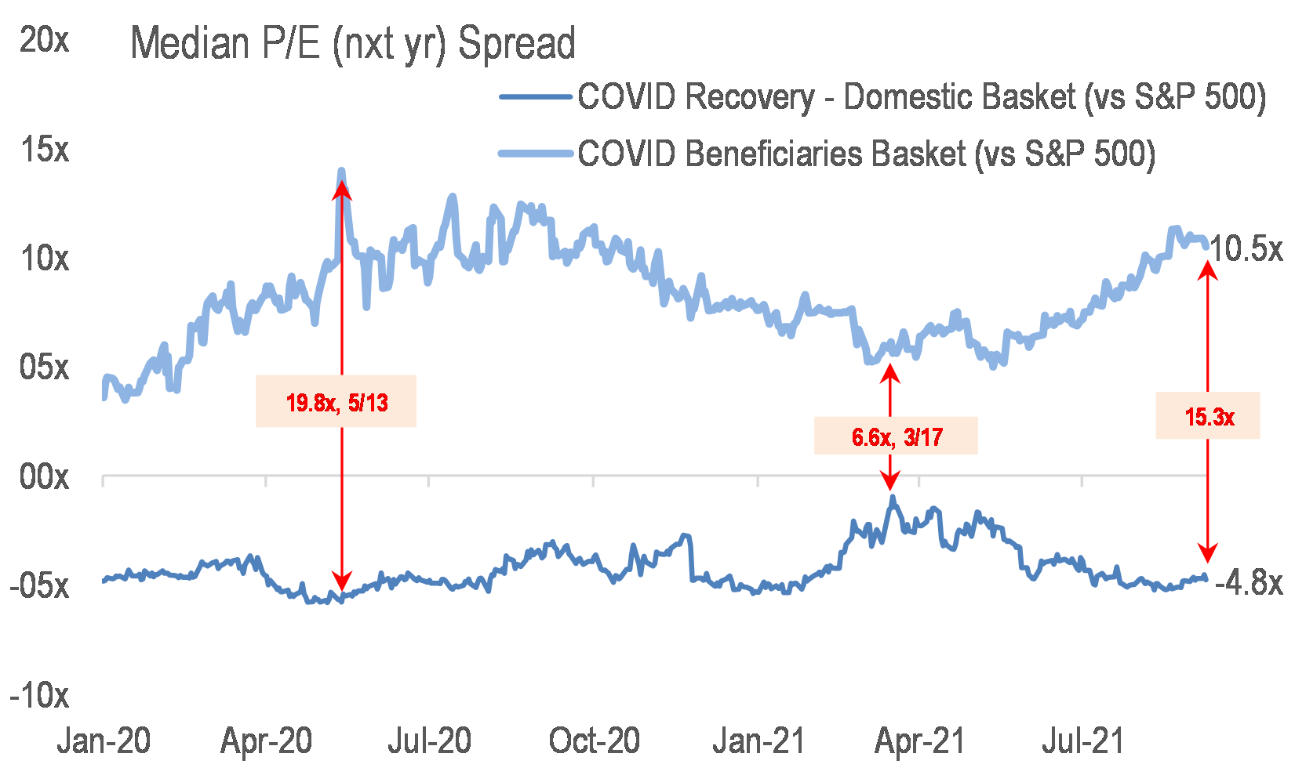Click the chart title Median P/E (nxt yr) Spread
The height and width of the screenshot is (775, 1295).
pos(353,43)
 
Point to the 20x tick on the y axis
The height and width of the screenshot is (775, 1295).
pos(44,39)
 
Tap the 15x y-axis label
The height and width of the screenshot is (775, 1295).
pos(44,149)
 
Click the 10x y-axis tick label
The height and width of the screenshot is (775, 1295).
pos(44,258)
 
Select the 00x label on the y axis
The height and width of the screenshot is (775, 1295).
pos(44,476)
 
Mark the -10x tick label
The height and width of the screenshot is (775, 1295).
pos(39,695)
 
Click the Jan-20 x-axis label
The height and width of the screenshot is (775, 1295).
pos(104,741)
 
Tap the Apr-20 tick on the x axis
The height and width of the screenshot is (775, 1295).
pos(267,741)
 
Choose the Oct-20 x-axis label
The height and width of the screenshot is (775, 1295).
pos(595,741)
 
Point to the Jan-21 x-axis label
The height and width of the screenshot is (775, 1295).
pos(758,741)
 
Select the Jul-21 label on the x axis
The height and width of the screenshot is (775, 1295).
pos(1082,741)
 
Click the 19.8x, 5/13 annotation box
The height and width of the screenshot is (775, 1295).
pos(336,402)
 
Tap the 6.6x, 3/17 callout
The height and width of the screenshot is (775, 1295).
pos(897,436)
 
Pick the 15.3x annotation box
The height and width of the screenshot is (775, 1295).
pos(1208,416)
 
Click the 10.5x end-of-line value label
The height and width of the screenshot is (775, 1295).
pos(1246,249)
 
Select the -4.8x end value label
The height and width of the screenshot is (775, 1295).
pos(1249,583)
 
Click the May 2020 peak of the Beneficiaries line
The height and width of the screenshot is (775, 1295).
pos(341,171)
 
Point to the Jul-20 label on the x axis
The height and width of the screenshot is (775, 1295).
pos(430,741)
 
